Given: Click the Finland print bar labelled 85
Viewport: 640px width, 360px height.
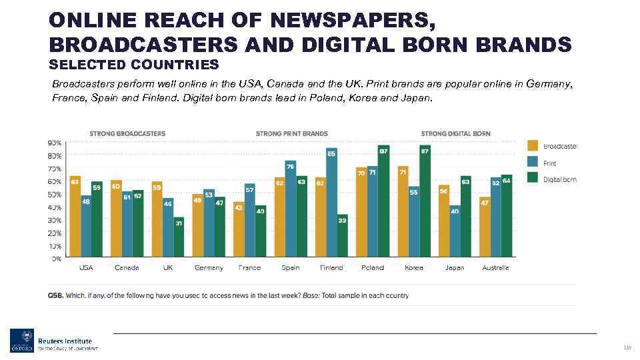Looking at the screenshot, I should [331, 203].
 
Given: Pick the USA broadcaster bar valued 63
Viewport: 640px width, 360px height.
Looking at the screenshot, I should [75, 217].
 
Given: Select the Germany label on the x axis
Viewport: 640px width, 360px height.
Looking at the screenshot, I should [209, 268].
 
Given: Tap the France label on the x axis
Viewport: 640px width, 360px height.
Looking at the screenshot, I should [249, 268].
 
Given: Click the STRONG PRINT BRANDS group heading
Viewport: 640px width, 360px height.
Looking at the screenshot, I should [291, 133].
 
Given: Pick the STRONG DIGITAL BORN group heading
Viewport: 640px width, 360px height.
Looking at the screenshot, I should [455, 133].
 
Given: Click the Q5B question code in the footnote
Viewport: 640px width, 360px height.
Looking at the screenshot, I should [55, 295].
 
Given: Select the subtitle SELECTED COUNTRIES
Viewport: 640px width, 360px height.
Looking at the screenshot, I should [133, 65].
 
